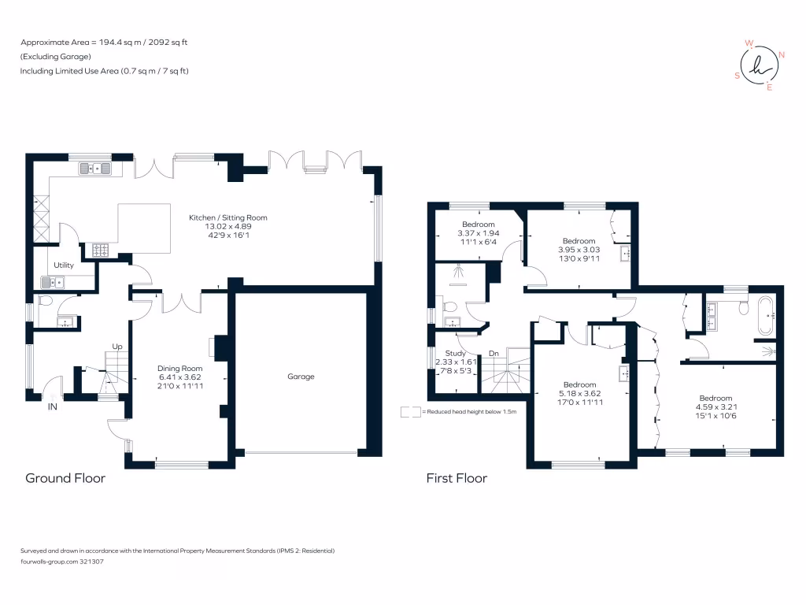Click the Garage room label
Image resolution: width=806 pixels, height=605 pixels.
click(x=301, y=377)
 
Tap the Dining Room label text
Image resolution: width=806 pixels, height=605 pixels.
click(x=180, y=368)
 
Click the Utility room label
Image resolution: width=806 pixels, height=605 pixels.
click(x=64, y=265)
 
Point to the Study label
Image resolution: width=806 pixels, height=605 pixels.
click(x=456, y=353)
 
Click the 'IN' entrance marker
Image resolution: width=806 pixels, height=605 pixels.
click(x=53, y=407)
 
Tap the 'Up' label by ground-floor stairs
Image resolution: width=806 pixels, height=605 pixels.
click(x=118, y=347)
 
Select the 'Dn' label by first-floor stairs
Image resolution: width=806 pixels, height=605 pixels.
click(x=494, y=354)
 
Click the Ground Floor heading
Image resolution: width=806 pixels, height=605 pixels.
click(x=65, y=477)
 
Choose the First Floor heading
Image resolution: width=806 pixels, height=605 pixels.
click(x=457, y=477)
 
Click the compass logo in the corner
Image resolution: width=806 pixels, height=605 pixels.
click(x=759, y=65)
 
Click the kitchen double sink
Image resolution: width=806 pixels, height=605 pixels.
click(x=96, y=168)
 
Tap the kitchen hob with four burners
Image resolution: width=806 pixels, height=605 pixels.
click(x=102, y=250)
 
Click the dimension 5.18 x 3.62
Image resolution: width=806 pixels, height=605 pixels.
click(x=580, y=394)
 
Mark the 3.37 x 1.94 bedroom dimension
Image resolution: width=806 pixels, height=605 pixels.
click(x=479, y=234)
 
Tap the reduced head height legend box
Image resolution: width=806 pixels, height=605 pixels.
click(x=410, y=411)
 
